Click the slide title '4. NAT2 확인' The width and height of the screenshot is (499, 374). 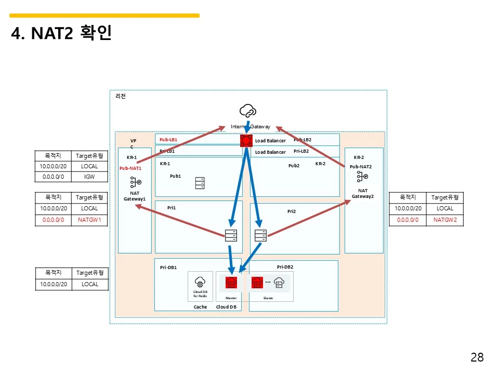coord(61,34)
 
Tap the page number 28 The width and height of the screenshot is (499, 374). coord(477,357)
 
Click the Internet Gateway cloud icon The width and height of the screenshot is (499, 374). coord(247,110)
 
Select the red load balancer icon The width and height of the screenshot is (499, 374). coord(246,140)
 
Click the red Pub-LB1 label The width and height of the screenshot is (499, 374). coord(168,140)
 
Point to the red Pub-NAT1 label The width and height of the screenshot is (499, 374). coord(130,168)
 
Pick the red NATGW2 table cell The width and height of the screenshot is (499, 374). coord(445,220)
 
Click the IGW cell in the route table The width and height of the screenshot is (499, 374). coord(89,177)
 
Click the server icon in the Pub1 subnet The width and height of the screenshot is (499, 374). coord(200,183)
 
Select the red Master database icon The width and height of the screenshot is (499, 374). coord(231,283)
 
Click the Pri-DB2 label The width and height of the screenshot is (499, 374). coord(285,267)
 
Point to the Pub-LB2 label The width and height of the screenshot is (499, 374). coord(303,140)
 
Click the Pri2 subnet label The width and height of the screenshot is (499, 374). coord(291,211)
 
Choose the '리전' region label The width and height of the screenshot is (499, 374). coord(121,96)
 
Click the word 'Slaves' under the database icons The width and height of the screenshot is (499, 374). coord(268,298)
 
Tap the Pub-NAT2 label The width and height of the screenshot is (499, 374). coord(360,167)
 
